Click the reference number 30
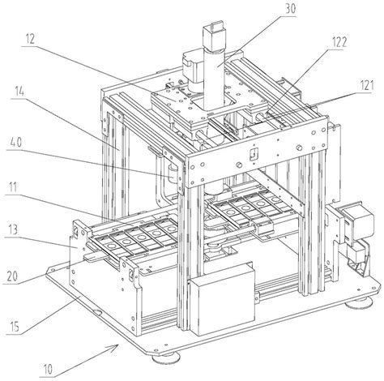pyautogui.click(x=291, y=9)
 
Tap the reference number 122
pyautogui.click(x=338, y=42)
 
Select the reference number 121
pyautogui.click(x=368, y=85)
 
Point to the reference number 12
pyautogui.click(x=30, y=40)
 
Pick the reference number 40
pyautogui.click(x=16, y=142)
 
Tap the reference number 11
pyautogui.click(x=12, y=187)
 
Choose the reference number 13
pyautogui.click(x=13, y=230)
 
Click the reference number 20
pyautogui.click(x=11, y=276)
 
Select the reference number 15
pyautogui.click(x=14, y=326)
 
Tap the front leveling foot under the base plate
pyautogui.click(x=165, y=357)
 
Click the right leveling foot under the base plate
pyautogui.click(x=359, y=303)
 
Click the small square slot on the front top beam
pyautogui.click(x=254, y=155)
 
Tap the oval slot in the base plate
pyautogui.click(x=97, y=312)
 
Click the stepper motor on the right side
pyautogui.click(x=356, y=222)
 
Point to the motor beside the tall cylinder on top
pyautogui.click(x=192, y=71)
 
